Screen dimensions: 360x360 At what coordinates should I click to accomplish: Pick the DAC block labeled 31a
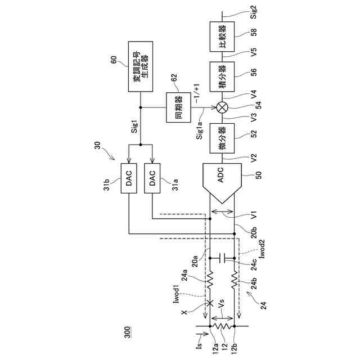click(x=153, y=178)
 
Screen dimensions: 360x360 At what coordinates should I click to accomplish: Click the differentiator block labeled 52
click(x=221, y=137)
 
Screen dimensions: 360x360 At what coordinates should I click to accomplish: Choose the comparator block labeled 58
click(x=221, y=37)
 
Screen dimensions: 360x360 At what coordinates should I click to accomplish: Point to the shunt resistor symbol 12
click(x=221, y=325)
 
